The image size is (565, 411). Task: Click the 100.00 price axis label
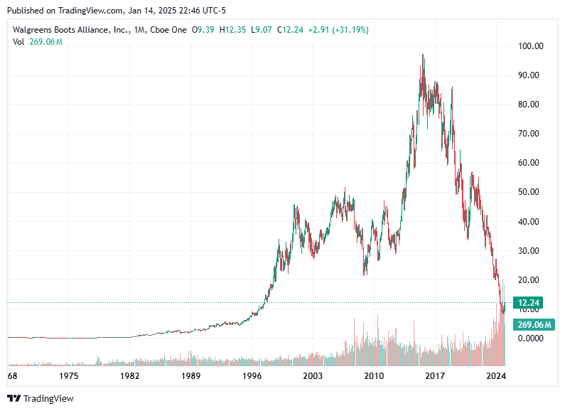tap(530, 46)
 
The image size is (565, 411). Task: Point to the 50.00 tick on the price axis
tap(530, 192)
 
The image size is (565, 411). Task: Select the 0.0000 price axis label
tap(530, 338)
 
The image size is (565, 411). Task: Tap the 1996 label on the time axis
tap(252, 376)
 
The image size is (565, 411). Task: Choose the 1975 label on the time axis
tap(69, 376)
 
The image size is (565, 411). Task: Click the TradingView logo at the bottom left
tap(41, 399)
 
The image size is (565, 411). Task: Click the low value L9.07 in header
tap(262, 30)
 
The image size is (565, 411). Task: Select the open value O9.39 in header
tap(203, 30)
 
